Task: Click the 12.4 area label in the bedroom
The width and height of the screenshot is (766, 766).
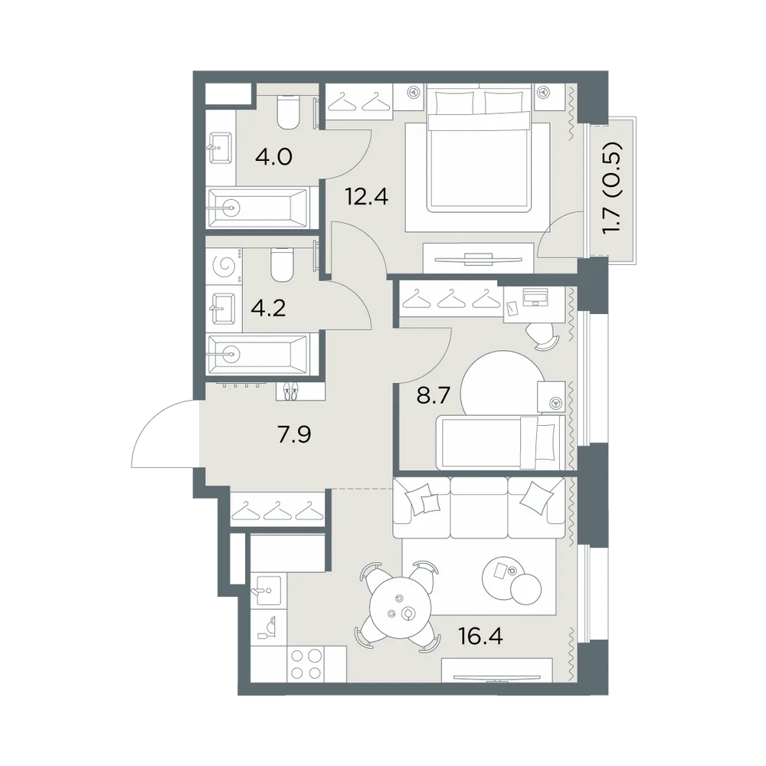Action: pyautogui.click(x=366, y=197)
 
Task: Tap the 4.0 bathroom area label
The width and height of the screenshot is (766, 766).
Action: pyautogui.click(x=273, y=157)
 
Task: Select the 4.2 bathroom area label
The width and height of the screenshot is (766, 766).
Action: pyautogui.click(x=267, y=308)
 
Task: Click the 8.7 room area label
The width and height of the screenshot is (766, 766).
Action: pyautogui.click(x=433, y=394)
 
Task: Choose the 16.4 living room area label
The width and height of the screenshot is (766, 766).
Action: pyautogui.click(x=480, y=636)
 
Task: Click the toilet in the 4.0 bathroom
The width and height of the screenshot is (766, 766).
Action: pyautogui.click(x=287, y=113)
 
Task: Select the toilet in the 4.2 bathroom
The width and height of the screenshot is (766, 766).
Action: pyautogui.click(x=281, y=265)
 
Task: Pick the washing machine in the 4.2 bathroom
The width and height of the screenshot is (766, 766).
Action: pyautogui.click(x=224, y=267)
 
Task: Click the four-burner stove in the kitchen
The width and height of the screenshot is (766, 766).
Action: pyautogui.click(x=306, y=663)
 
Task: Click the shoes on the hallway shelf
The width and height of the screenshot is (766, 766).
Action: pyautogui.click(x=290, y=391)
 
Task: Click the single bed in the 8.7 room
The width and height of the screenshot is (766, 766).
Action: pyautogui.click(x=500, y=442)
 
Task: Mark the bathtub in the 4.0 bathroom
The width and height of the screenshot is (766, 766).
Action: pyautogui.click(x=257, y=208)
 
